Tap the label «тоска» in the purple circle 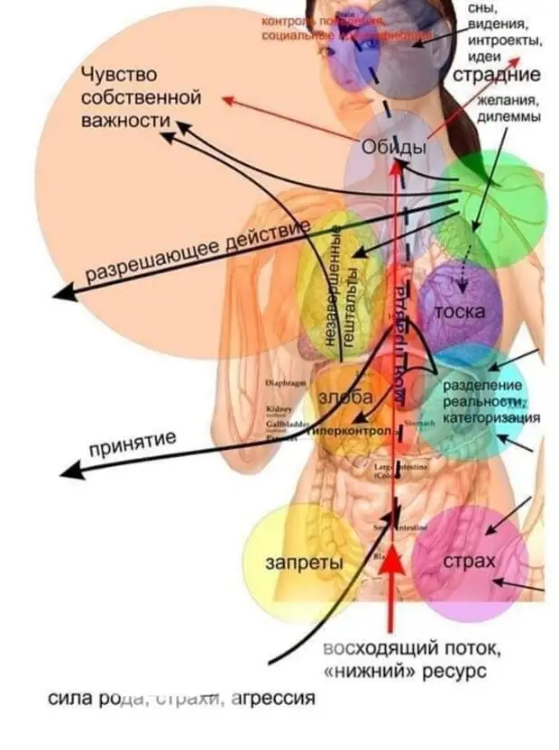coord(460,313)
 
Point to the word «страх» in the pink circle coord(469,562)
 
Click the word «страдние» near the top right coord(496,75)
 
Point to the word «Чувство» coord(119,73)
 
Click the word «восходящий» coord(370,649)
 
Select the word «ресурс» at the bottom coord(454,672)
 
